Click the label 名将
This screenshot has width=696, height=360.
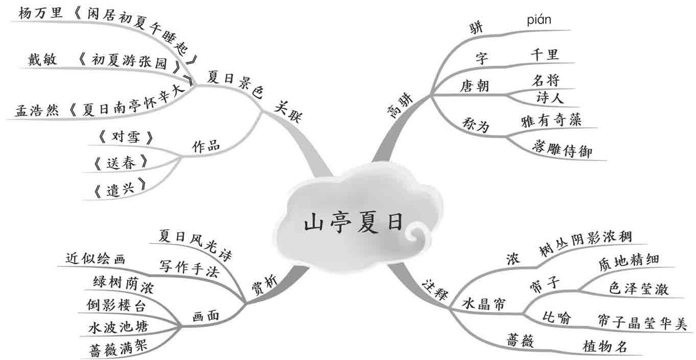[545, 80]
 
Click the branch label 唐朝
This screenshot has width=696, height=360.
[474, 85]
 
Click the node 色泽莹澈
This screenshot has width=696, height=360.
[639, 288]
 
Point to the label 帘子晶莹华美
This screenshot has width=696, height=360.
[642, 322]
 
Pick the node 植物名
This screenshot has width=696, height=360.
[605, 346]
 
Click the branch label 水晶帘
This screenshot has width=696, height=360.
[483, 304]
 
